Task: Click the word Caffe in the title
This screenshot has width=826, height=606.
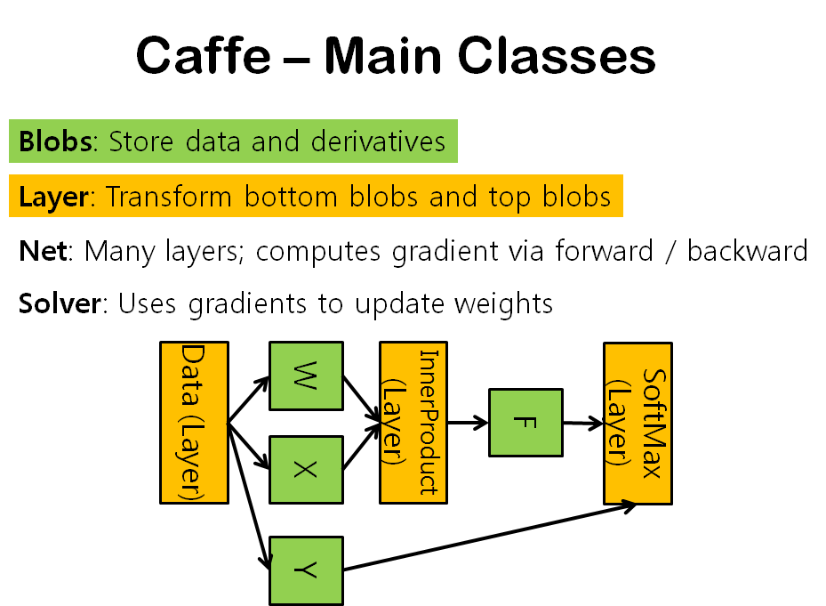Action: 203,57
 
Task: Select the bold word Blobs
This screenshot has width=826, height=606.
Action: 55,141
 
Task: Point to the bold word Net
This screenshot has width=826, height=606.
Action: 43,251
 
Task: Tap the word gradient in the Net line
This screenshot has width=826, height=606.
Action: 440,252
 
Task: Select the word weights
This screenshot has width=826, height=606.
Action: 503,304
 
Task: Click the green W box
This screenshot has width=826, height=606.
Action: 306,376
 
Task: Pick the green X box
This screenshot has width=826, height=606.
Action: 306,469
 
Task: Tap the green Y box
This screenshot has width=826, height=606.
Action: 306,570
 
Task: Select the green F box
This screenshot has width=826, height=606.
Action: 525,423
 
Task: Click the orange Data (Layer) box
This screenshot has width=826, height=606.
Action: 194,423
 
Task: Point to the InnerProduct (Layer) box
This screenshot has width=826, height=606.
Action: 413,422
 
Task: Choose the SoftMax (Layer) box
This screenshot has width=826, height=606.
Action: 638,423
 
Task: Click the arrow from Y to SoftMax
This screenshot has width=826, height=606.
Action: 489,537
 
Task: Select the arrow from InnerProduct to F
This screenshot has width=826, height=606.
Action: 468,423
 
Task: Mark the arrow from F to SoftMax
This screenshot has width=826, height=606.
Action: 583,424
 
